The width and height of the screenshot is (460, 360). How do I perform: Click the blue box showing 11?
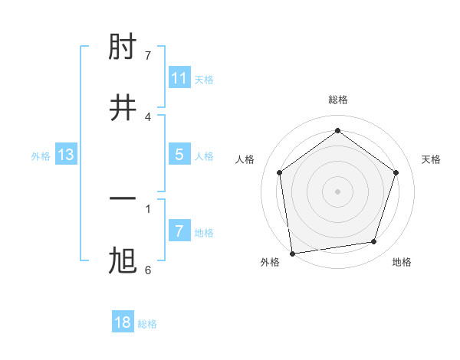[x=179, y=78]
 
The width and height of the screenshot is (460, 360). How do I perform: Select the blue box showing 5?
[x=179, y=155]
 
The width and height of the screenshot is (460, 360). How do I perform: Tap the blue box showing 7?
[x=179, y=231]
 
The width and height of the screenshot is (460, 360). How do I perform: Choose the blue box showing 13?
[x=66, y=155]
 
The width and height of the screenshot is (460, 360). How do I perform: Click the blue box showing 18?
[x=123, y=322]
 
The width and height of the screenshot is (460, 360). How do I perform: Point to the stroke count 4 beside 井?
[x=148, y=116]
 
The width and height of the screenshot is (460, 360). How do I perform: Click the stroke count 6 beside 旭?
[x=148, y=270]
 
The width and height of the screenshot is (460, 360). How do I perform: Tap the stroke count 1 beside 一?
[x=148, y=208]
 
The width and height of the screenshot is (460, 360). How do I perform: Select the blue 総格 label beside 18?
[x=148, y=324]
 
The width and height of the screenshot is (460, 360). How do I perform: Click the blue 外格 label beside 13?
[x=41, y=156]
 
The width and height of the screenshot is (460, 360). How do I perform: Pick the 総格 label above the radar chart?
[x=338, y=100]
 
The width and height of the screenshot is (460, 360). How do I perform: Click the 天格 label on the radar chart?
[x=431, y=159]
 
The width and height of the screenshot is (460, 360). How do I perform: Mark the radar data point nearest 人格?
[x=279, y=172]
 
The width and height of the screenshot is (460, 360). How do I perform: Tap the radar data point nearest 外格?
[x=292, y=253]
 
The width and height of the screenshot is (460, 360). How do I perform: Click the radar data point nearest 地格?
[x=374, y=242]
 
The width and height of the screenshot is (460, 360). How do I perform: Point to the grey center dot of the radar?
[x=338, y=191]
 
